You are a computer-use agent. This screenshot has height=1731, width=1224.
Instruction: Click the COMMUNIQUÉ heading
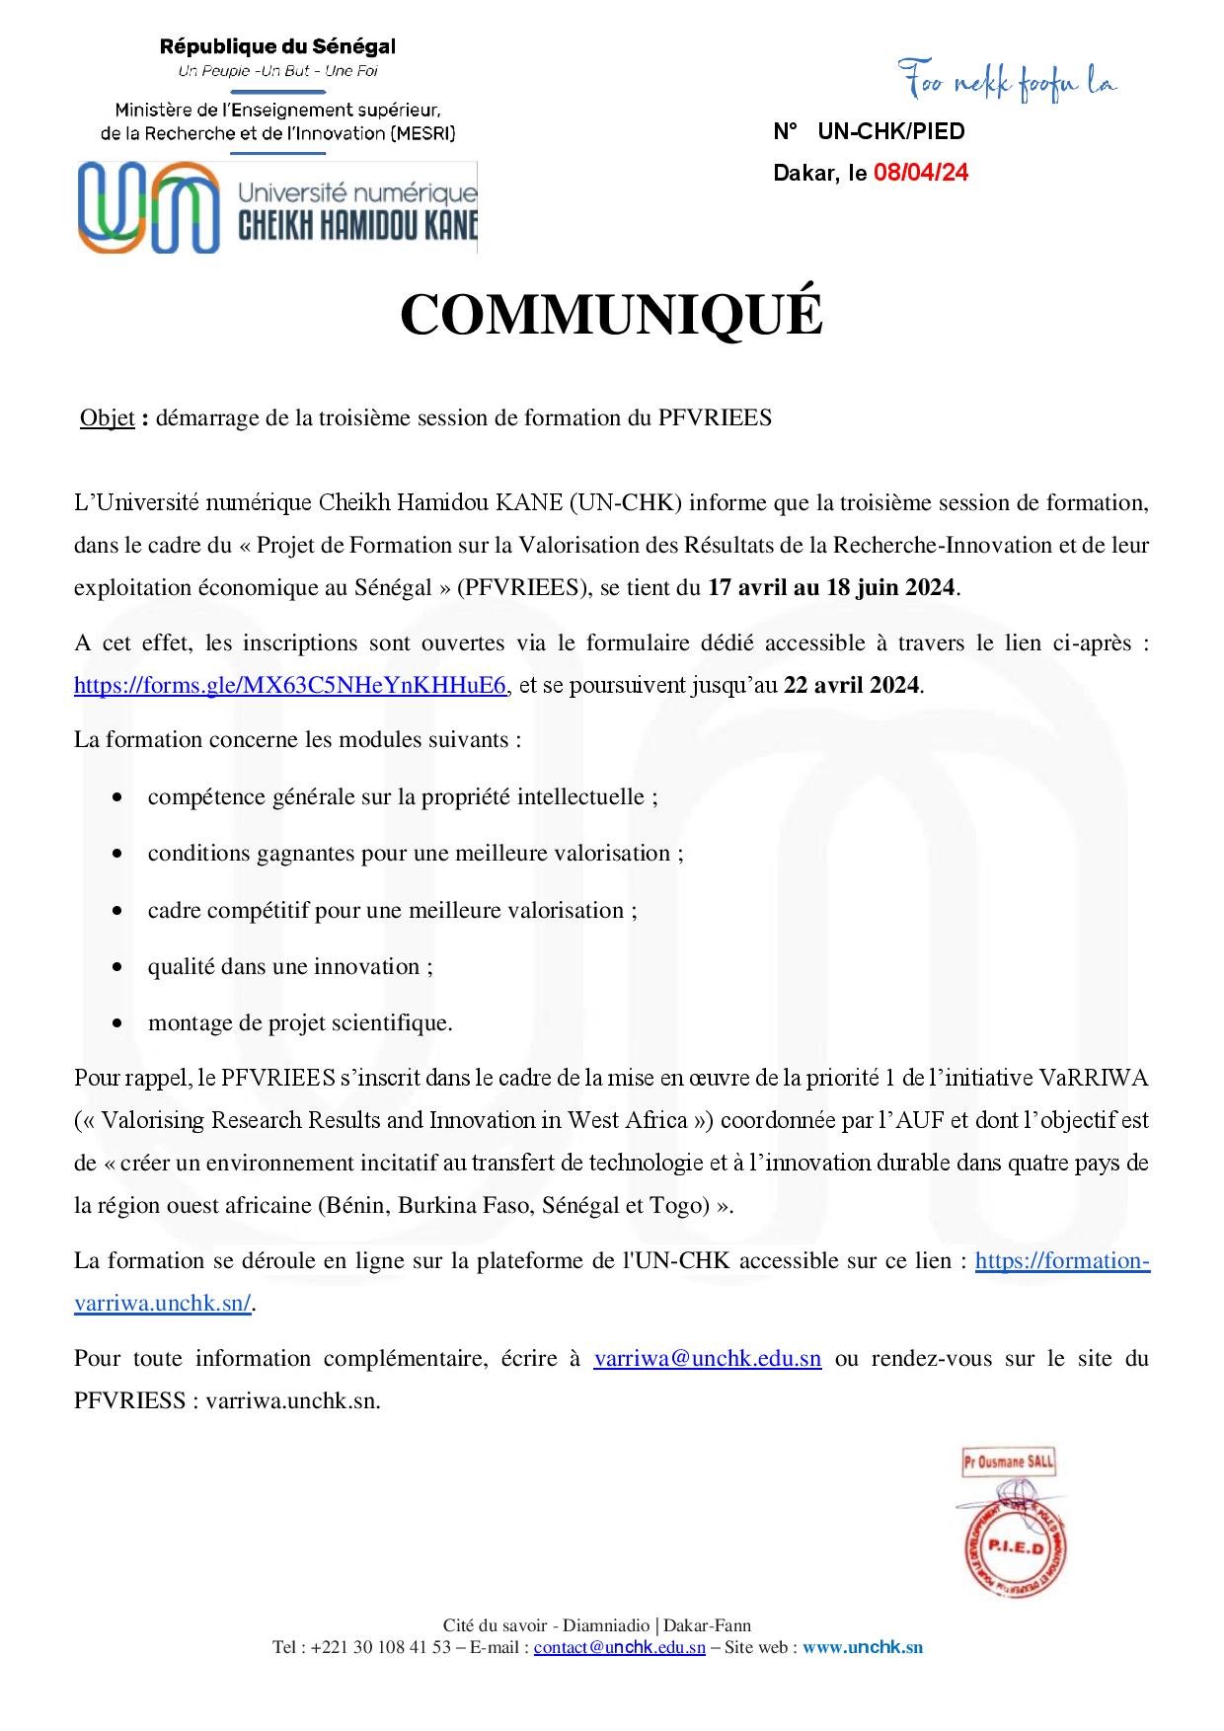point(611,315)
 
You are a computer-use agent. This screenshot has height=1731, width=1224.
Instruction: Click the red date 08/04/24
point(920,174)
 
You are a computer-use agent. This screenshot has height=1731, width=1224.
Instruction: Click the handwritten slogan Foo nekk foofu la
point(1007,83)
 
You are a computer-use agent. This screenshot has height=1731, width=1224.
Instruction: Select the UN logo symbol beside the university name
point(149,207)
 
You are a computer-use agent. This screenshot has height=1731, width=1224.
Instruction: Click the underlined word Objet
point(107,418)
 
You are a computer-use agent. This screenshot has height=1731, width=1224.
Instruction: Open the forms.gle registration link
point(291,685)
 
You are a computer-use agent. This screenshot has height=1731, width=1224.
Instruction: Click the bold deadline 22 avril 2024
point(853,685)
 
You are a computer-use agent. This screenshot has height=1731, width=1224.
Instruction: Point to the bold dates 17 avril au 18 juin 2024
point(831,588)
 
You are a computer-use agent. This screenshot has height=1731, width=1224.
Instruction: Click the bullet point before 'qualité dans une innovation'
point(118,968)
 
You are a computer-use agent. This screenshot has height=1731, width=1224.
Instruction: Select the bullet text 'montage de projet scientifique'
point(300,1023)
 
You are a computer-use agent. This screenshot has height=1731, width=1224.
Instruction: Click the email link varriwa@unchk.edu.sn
point(707,1359)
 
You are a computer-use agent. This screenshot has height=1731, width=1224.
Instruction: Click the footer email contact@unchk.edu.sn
point(619,1647)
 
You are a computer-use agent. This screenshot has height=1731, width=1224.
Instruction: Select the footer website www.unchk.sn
point(863,1647)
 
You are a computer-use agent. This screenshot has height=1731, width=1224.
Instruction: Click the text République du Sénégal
point(277,45)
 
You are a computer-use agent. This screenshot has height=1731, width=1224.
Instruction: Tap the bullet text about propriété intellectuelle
point(403,797)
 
